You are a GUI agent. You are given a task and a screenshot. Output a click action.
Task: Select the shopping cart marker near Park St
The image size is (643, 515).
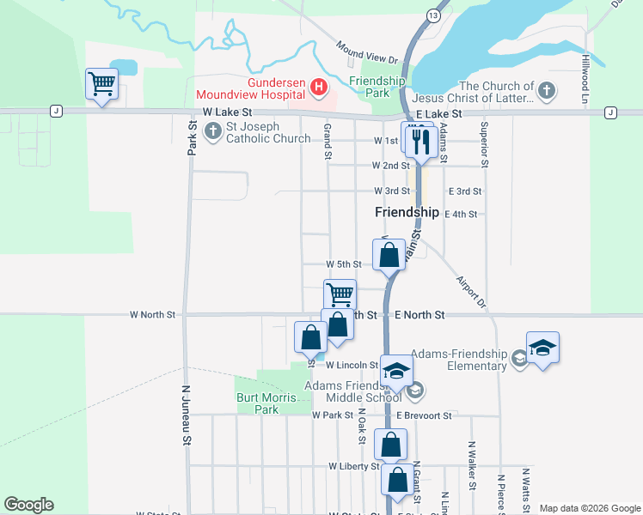[101, 84]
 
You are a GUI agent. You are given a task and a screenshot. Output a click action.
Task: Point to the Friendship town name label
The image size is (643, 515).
[407, 212]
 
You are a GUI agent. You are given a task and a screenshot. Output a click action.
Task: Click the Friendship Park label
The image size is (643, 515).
[377, 86]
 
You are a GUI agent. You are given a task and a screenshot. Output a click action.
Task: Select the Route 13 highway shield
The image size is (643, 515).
[433, 16]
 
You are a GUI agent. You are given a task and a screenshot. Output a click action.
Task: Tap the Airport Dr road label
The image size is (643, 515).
[471, 292]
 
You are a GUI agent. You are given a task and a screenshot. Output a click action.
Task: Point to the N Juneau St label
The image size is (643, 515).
[186, 415]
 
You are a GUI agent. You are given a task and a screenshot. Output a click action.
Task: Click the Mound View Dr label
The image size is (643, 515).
[367, 53]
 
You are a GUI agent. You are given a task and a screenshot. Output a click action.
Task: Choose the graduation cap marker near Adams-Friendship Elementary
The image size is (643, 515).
[542, 347]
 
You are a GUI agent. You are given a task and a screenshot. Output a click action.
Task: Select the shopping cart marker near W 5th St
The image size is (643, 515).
[340, 294]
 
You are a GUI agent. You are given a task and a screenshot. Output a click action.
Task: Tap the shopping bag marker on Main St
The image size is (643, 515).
[389, 254]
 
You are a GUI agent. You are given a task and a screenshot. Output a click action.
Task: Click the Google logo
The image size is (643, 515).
[28, 505]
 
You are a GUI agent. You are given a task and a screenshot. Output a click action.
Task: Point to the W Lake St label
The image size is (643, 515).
[228, 112]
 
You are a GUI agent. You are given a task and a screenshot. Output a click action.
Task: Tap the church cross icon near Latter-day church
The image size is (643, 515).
[545, 90]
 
